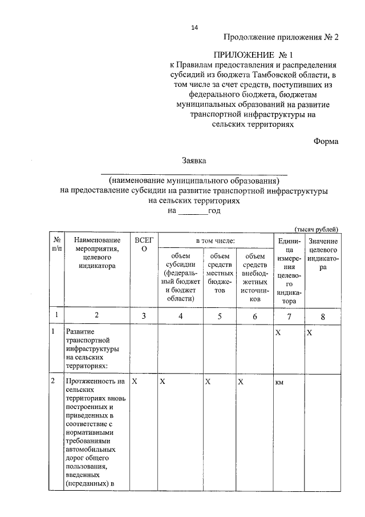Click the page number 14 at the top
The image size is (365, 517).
194,27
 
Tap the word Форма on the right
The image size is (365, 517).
326,142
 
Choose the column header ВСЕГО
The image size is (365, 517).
144,246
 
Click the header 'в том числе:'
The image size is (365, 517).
215,242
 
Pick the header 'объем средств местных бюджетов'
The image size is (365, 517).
220,272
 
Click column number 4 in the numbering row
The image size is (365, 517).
180,315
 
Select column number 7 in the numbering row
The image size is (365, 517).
289,315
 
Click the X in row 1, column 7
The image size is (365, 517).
278,332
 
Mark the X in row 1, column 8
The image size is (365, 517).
309,332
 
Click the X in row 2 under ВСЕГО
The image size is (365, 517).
134,381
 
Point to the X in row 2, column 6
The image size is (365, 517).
241,381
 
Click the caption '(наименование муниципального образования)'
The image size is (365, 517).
194,181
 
